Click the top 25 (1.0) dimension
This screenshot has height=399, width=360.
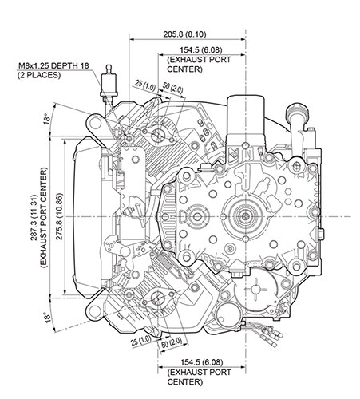[x=143, y=83]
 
